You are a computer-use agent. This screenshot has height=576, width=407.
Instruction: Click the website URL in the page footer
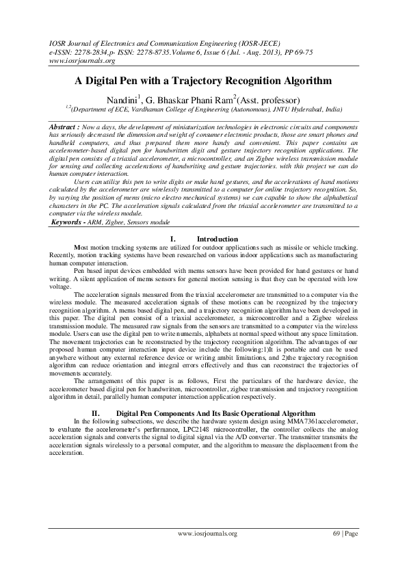[207, 533]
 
